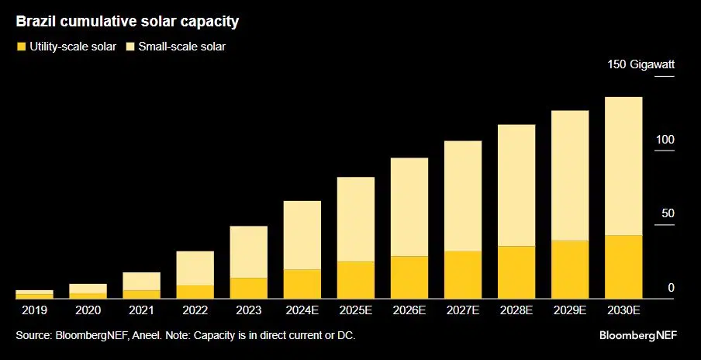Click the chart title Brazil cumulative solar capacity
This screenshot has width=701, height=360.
(127, 22)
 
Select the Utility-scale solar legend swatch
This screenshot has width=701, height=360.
(21, 47)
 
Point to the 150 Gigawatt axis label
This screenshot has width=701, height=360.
(641, 65)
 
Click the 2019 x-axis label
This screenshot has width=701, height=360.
(34, 311)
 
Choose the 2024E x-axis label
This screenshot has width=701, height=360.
(302, 311)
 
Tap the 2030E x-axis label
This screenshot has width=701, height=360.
(623, 311)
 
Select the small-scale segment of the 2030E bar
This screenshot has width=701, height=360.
(623, 166)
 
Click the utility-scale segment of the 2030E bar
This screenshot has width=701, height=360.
(623, 267)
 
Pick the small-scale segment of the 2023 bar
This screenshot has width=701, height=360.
(249, 251)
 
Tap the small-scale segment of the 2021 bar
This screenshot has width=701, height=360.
(142, 281)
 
